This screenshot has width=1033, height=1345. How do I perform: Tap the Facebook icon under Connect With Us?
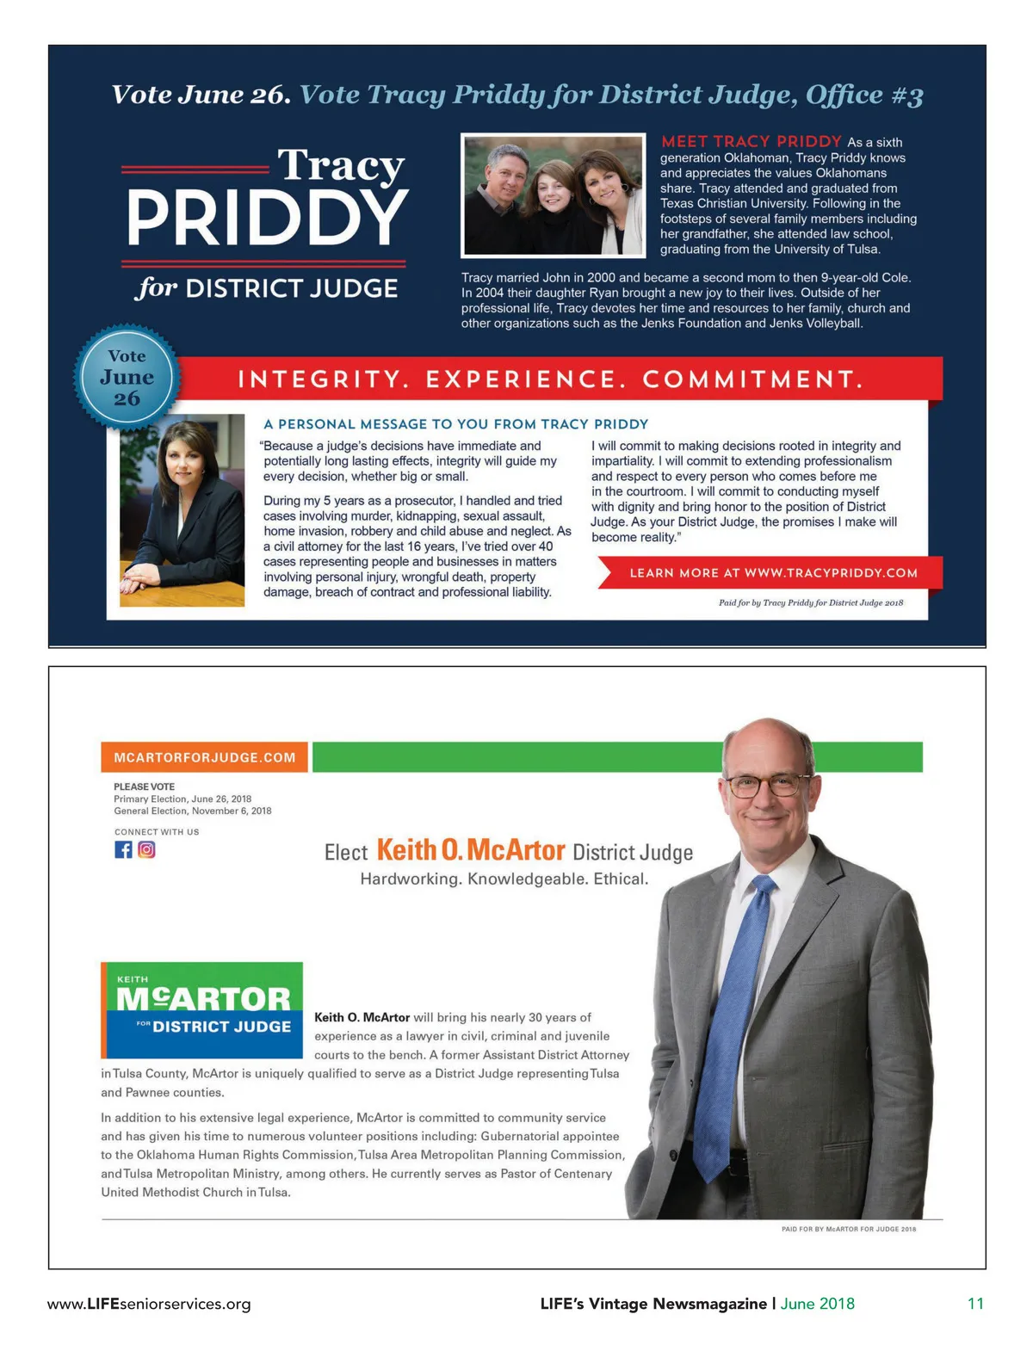point(123,849)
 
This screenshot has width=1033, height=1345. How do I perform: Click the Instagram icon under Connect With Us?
point(146,849)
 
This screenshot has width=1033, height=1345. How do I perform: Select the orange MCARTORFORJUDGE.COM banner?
point(204,757)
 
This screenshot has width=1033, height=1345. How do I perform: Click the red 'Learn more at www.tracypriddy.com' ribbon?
point(772,572)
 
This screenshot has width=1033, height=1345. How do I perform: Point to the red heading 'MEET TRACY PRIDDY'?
point(751,141)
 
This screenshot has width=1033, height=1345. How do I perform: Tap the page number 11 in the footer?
point(974,1303)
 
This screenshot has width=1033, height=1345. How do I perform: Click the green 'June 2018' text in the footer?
point(817,1303)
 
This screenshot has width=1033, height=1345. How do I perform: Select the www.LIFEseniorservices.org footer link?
point(149,1304)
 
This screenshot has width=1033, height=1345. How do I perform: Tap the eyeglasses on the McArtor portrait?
point(768,784)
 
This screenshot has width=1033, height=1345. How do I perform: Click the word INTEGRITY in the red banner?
point(319,379)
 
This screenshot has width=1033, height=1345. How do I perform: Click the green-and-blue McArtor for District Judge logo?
point(203,1009)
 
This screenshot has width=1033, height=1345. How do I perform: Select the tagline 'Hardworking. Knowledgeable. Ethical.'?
point(504,879)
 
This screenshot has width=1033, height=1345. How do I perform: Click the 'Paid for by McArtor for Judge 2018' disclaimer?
point(848,1229)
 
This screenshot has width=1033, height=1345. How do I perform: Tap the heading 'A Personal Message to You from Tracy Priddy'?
point(455,423)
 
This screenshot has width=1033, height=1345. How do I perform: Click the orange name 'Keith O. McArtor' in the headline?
point(471,850)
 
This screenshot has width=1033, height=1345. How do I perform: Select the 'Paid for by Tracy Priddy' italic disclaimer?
point(810,602)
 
